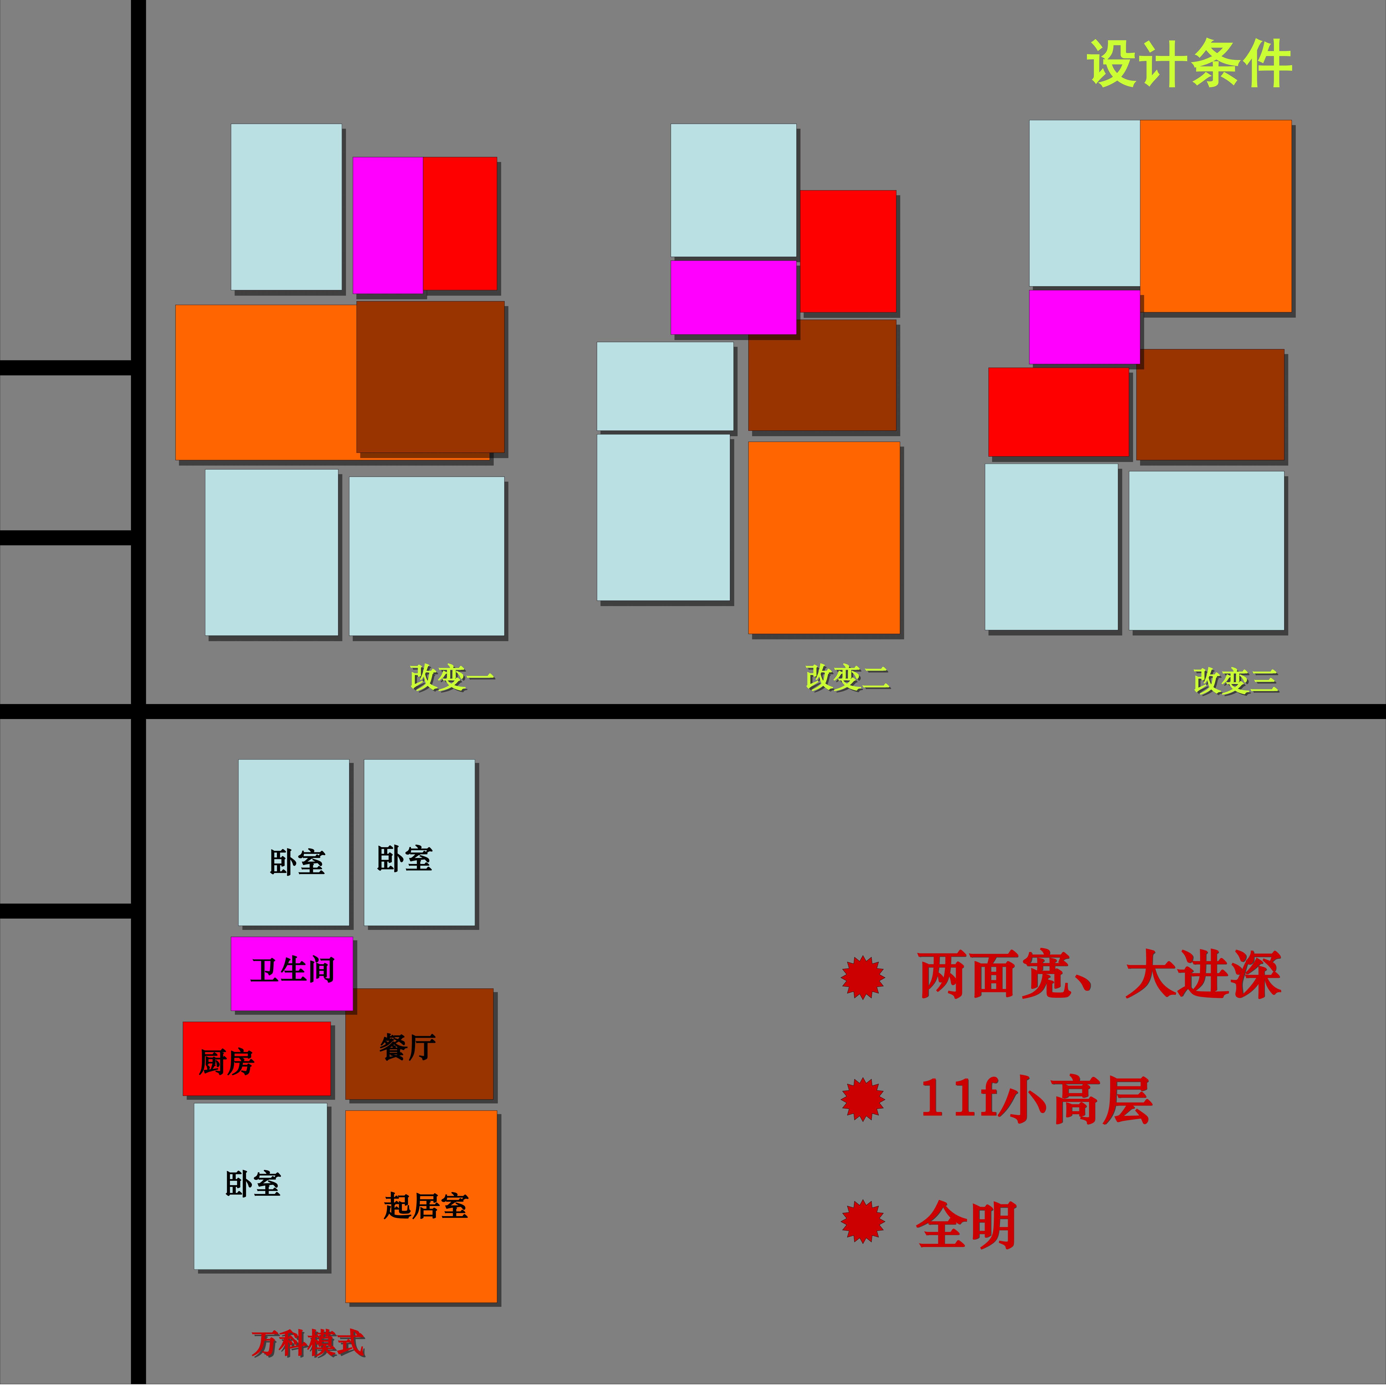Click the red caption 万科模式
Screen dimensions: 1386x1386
(309, 1344)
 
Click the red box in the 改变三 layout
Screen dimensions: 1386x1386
(1058, 412)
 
